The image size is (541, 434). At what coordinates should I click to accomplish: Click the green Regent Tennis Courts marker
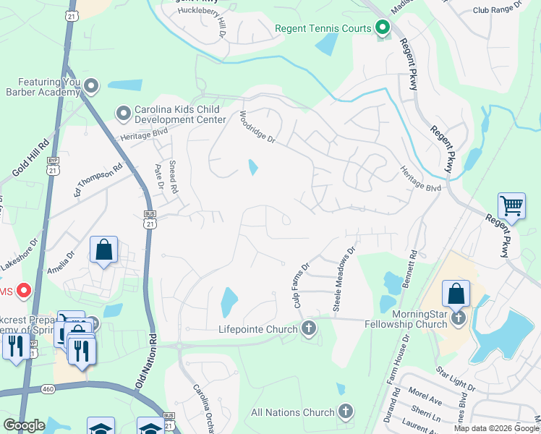(382, 29)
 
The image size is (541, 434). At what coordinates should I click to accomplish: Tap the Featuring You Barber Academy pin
(91, 86)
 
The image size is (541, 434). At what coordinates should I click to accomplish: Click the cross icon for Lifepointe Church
(308, 329)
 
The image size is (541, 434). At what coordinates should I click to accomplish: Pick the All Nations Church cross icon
(345, 412)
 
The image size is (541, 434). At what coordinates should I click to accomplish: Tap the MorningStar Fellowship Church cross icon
(457, 318)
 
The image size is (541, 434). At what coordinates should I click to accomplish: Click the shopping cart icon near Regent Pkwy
(511, 205)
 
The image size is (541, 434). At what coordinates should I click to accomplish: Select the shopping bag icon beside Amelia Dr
(103, 250)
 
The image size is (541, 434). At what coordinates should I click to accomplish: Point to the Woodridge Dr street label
(258, 127)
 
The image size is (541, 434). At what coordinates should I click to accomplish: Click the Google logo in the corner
(24, 425)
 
